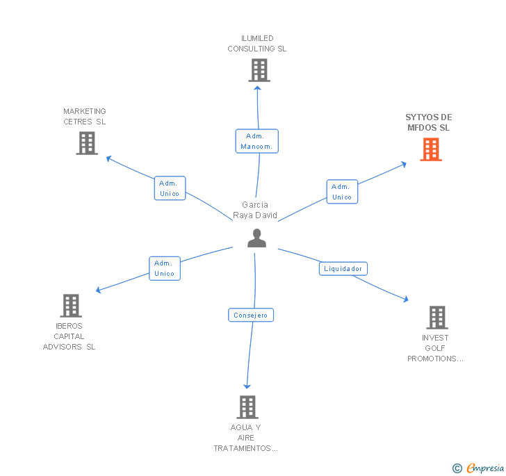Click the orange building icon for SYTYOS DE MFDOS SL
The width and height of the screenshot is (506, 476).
tap(431, 149)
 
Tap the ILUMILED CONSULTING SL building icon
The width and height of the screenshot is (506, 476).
tap(259, 70)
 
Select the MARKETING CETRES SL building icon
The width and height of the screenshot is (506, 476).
tap(87, 143)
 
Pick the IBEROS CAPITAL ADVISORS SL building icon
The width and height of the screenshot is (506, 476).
tap(71, 306)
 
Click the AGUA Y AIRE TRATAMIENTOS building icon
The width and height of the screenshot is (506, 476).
tap(247, 407)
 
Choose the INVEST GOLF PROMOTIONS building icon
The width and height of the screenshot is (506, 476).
tap(436, 318)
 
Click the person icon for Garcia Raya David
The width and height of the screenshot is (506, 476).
tap(257, 238)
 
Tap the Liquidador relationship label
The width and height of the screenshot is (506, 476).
tap(343, 268)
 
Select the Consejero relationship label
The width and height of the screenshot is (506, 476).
tap(251, 315)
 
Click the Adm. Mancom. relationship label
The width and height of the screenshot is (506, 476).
tap(257, 141)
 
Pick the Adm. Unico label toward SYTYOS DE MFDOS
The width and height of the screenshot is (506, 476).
tap(342, 192)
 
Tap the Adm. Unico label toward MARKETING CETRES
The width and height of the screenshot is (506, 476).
tap(170, 188)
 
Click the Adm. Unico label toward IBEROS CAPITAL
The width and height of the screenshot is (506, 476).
tap(165, 268)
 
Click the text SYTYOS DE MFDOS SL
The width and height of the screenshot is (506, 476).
tap(428, 122)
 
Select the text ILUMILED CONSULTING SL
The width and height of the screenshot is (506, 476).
tap(257, 44)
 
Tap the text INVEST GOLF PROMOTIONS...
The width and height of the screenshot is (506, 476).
tap(435, 348)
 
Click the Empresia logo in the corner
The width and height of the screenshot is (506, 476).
tap(479, 468)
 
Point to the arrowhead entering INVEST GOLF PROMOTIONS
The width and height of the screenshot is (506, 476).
tap(405, 299)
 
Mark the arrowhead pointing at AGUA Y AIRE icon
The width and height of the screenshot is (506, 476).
tap(247, 386)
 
